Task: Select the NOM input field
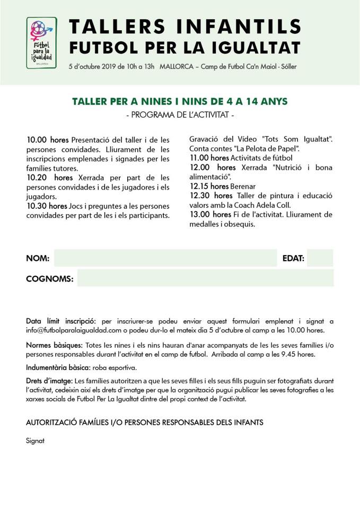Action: pyautogui.click(x=165, y=258)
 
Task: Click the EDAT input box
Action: pyautogui.click(x=320, y=258)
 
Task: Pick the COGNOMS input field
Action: pyautogui.click(x=205, y=278)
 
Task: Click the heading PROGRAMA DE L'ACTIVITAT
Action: pyautogui.click(x=180, y=115)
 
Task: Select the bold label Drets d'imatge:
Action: pyautogui.click(x=49, y=381)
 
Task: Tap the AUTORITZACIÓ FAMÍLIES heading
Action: pyautogui.click(x=144, y=423)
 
